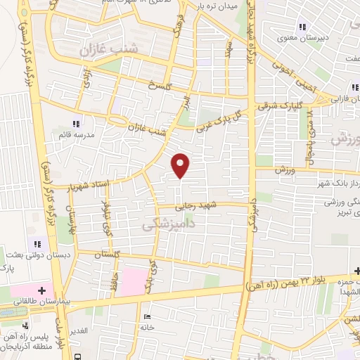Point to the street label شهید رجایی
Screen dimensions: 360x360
pyautogui.click(x=198, y=206)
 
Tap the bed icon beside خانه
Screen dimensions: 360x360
pyautogui.click(x=146, y=316)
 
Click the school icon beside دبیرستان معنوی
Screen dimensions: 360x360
pyautogui.click(x=302, y=27)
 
